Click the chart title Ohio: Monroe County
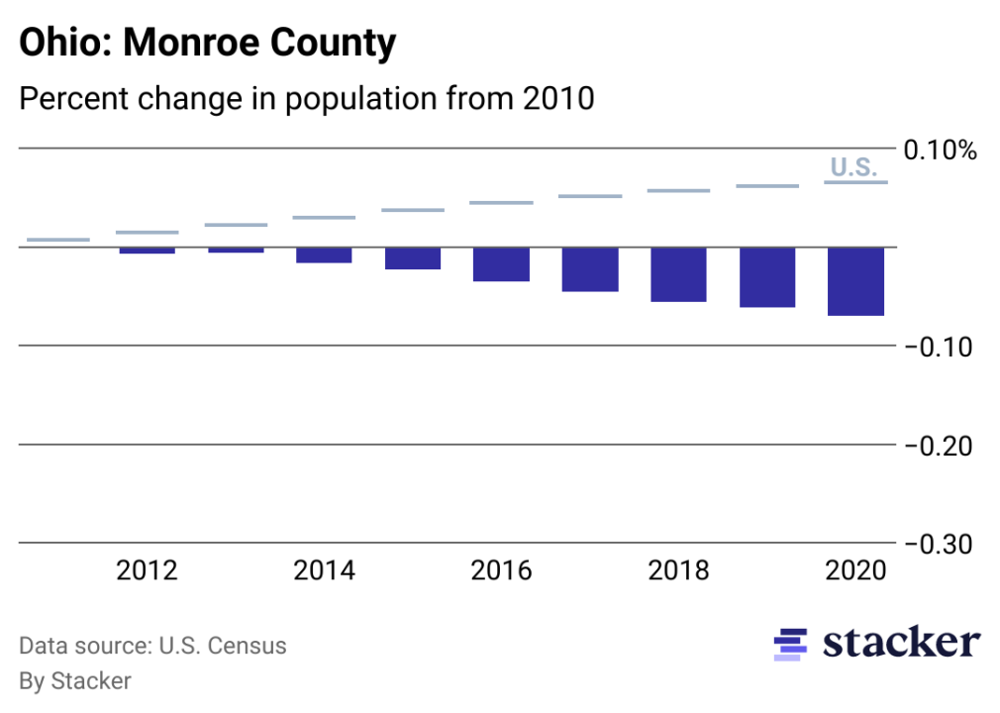pyautogui.click(x=208, y=44)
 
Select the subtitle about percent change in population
pyautogui.click(x=307, y=99)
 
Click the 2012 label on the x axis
pyautogui.click(x=147, y=571)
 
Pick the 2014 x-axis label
pyautogui.click(x=324, y=571)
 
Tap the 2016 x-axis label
pyautogui.click(x=501, y=571)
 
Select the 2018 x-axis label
pyautogui.click(x=678, y=571)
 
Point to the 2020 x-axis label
pyautogui.click(x=855, y=571)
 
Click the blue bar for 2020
pyautogui.click(x=855, y=281)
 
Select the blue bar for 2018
pyautogui.click(x=678, y=274)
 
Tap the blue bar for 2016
pyautogui.click(x=501, y=264)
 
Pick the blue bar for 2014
pyautogui.click(x=324, y=255)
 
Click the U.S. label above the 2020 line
pyautogui.click(x=853, y=167)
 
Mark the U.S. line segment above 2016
pyautogui.click(x=501, y=203)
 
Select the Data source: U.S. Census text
pyautogui.click(x=152, y=647)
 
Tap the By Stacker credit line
pyautogui.click(x=75, y=680)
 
